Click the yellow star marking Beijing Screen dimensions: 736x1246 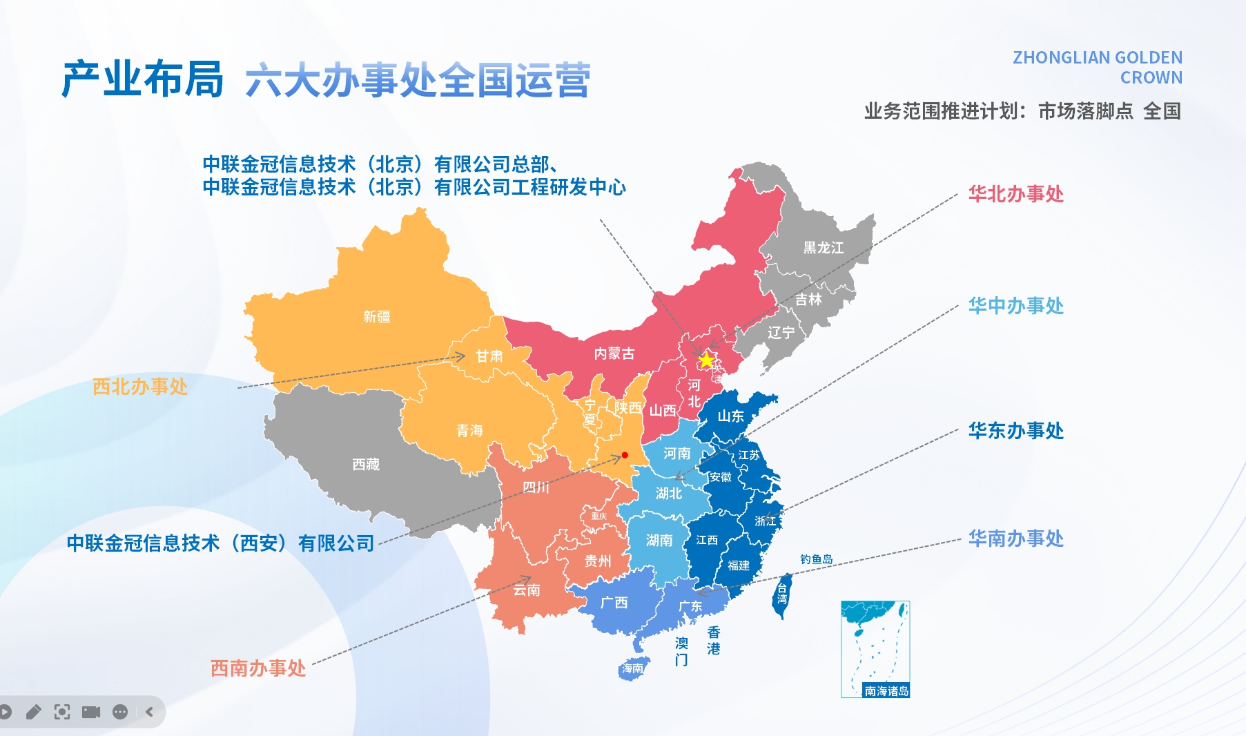tap(706, 360)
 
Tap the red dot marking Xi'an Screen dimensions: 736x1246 tap(625, 455)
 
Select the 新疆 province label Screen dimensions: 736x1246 tap(377, 317)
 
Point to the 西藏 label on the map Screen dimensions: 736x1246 tap(366, 465)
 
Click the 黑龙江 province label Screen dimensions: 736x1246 tap(823, 247)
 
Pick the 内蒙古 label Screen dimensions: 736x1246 tap(614, 354)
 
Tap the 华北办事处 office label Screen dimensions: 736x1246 tap(1015, 194)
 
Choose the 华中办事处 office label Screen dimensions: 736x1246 tap(1015, 306)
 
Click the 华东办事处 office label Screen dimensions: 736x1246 tap(1015, 431)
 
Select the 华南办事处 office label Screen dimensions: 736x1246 tap(1015, 539)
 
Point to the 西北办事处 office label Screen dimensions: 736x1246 tap(140, 387)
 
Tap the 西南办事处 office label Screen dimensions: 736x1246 tap(257, 668)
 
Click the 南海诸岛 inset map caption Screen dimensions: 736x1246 tap(886, 690)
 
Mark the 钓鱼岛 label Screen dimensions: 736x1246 tap(816, 559)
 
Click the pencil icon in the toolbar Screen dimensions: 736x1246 tap(33, 712)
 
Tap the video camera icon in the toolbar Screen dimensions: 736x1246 tap(91, 712)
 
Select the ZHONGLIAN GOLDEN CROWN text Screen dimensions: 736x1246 tap(1098, 68)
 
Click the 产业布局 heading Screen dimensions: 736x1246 tap(143, 79)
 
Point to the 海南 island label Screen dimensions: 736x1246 tap(632, 668)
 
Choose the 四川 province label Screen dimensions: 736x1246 tap(536, 487)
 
